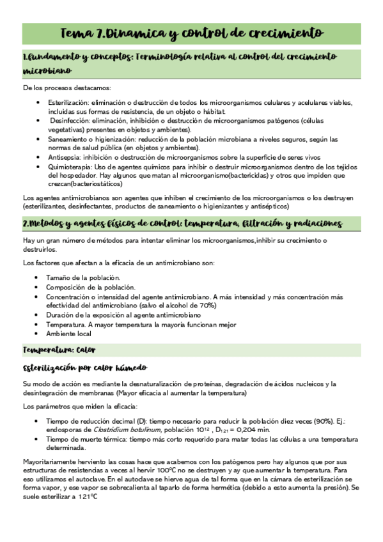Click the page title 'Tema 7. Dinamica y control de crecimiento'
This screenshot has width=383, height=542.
[x=191, y=32]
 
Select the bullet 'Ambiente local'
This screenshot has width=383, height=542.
[x=68, y=334]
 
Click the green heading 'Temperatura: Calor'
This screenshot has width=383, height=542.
[x=59, y=350]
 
